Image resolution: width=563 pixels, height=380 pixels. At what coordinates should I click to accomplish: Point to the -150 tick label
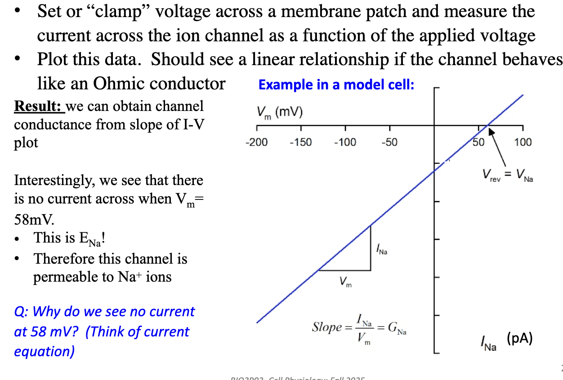click(x=301, y=142)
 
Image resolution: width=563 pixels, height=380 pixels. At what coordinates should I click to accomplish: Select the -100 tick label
click(x=345, y=142)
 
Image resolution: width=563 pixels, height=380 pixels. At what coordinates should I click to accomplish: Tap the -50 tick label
click(x=389, y=142)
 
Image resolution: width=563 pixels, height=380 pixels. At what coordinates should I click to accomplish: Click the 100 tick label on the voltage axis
click(x=523, y=142)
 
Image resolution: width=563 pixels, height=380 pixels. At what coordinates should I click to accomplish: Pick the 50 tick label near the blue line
click(x=478, y=142)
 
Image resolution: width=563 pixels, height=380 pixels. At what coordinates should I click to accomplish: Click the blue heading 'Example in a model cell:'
click(x=336, y=84)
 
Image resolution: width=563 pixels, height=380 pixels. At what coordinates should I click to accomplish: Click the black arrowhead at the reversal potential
click(x=492, y=131)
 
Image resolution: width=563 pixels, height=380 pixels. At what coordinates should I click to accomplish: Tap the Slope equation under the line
click(x=360, y=328)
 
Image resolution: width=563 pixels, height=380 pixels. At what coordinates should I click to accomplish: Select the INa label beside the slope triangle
click(x=381, y=248)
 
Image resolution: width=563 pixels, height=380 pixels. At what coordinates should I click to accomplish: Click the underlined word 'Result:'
click(x=39, y=106)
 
